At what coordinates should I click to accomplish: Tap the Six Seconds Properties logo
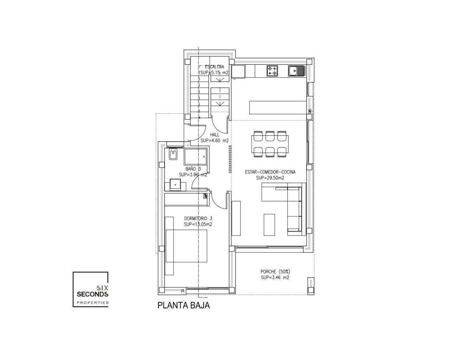click(91, 289)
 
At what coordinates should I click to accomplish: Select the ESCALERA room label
click(214, 67)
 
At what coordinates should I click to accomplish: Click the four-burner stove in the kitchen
click(272, 71)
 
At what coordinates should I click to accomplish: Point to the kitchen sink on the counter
click(296, 71)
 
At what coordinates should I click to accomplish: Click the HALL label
click(215, 135)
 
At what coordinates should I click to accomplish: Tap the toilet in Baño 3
click(173, 154)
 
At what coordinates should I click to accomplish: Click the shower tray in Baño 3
click(195, 157)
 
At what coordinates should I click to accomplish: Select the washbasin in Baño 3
click(175, 185)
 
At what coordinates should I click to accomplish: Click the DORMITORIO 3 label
click(198, 219)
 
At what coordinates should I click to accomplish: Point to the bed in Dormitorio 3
click(186, 246)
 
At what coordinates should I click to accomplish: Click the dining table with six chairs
click(270, 144)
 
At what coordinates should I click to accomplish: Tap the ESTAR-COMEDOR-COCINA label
click(270, 172)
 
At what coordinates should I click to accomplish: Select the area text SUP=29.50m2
click(270, 178)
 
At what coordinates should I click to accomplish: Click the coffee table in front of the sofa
click(269, 225)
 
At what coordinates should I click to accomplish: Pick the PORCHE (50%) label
click(275, 272)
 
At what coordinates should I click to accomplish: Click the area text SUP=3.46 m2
click(275, 278)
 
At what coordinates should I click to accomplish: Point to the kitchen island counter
click(278, 108)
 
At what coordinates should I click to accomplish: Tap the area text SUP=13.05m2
click(198, 224)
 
